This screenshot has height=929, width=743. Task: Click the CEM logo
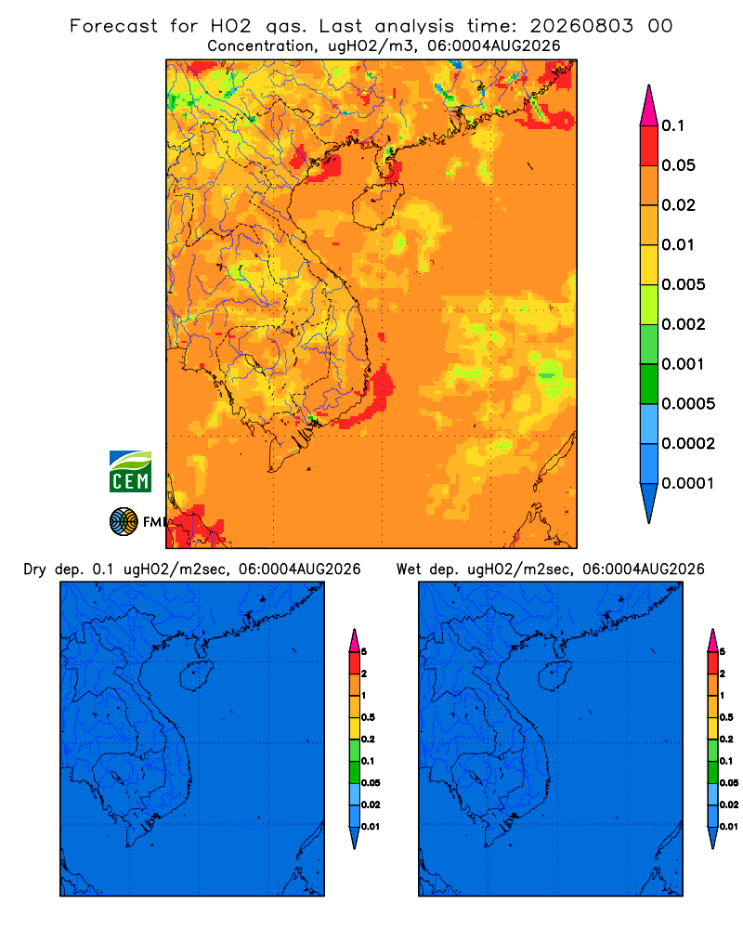[x=130, y=472]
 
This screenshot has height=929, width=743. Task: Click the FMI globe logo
[x=124, y=522]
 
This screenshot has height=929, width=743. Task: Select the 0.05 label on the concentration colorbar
[x=678, y=165]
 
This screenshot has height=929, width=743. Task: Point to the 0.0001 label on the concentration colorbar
[x=688, y=483]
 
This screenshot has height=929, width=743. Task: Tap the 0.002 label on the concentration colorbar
[x=684, y=324]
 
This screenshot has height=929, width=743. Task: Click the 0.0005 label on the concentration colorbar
[x=688, y=404]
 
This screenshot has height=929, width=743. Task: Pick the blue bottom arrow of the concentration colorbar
[x=649, y=503]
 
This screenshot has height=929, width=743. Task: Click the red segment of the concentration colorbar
[x=649, y=146]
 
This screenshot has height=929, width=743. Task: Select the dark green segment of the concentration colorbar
[x=649, y=384]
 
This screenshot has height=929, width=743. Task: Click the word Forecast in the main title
[x=113, y=26]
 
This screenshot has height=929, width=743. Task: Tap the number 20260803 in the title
[x=581, y=26]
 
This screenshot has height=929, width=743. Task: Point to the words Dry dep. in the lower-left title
[x=52, y=569]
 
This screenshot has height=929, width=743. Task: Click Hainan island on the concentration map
[x=377, y=205]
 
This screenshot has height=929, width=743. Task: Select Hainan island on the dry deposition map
[x=196, y=676]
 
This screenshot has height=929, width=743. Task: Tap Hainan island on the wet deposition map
[x=554, y=676]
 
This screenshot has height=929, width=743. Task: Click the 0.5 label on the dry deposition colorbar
[x=368, y=717]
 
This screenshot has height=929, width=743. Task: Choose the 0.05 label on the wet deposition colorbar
[x=729, y=782]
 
